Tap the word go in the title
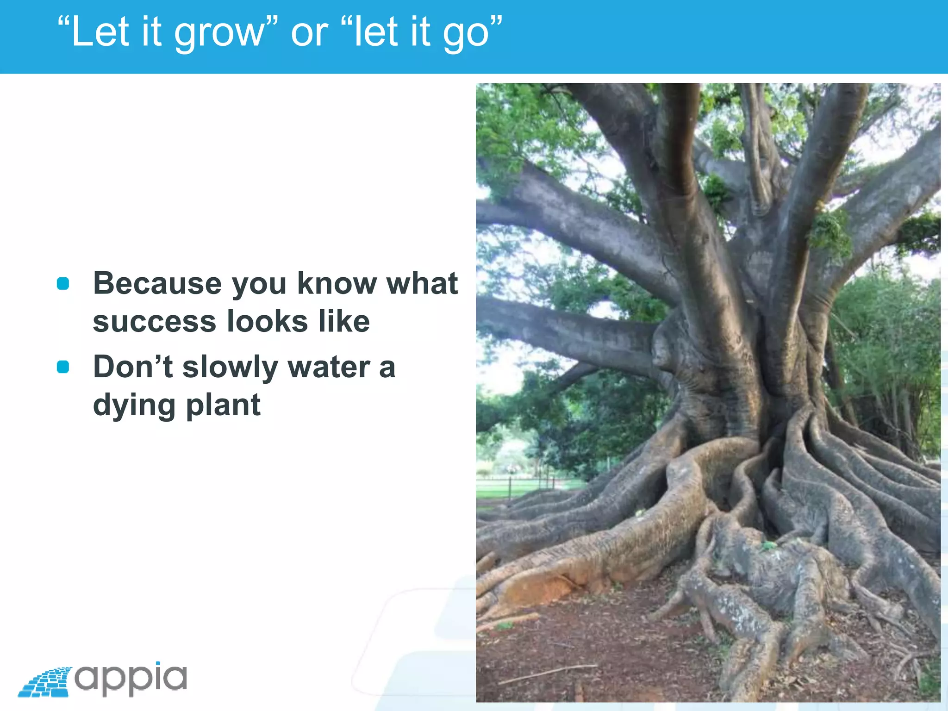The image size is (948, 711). pyautogui.click(x=468, y=32)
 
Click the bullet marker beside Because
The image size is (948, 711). pyautogui.click(x=63, y=283)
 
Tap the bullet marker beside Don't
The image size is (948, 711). pyautogui.click(x=63, y=367)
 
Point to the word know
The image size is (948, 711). pyautogui.click(x=337, y=283)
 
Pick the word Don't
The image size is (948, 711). pyautogui.click(x=133, y=367)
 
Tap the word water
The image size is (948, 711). pyautogui.click(x=328, y=367)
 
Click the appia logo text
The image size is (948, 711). pyautogui.click(x=131, y=678)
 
